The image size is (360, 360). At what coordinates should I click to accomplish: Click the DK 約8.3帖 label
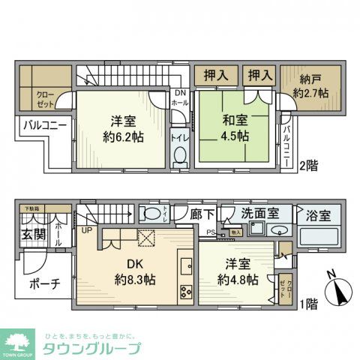click(135, 271)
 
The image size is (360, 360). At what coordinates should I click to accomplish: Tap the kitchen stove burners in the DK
click(185, 292)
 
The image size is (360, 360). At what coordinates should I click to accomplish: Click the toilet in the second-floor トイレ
click(179, 156)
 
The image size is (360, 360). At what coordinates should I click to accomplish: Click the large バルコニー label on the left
click(43, 124)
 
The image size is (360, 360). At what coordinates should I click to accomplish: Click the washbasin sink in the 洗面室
click(277, 231)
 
